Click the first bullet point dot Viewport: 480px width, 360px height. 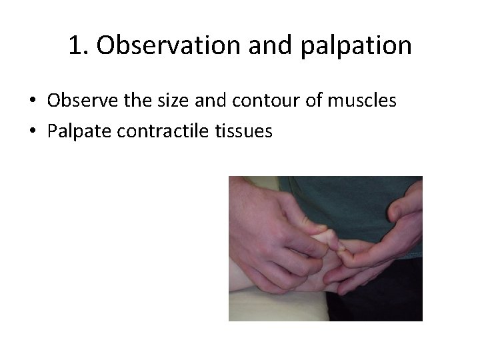[x=32, y=102]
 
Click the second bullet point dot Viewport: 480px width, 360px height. [x=32, y=132]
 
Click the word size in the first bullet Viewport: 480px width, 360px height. [x=161, y=101]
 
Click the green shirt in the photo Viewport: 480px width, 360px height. [x=333, y=200]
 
